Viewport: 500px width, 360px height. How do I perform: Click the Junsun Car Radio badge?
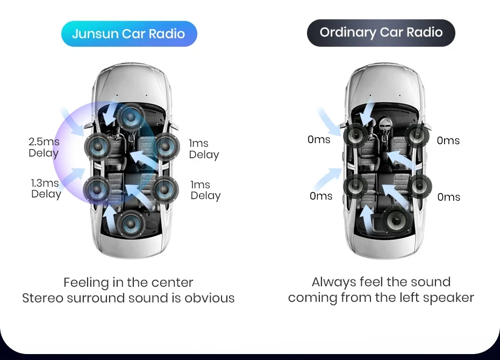[x=128, y=34]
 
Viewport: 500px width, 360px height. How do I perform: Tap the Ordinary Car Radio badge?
[x=381, y=33]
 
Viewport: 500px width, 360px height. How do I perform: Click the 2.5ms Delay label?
[x=44, y=147]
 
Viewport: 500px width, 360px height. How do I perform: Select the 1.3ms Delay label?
[x=45, y=188]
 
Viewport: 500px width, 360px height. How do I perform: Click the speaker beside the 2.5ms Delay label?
[x=99, y=145]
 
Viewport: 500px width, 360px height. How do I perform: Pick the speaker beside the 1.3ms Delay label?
[x=97, y=188]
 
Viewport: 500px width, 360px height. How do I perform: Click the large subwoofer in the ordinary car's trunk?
[x=396, y=221]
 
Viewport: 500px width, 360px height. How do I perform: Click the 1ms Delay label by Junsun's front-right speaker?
[x=204, y=149]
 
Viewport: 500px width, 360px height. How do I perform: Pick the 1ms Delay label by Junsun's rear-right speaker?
[x=205, y=190]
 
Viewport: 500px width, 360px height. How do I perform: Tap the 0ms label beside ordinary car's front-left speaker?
[x=319, y=140]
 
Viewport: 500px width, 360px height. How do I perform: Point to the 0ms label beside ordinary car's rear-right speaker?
[x=448, y=197]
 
